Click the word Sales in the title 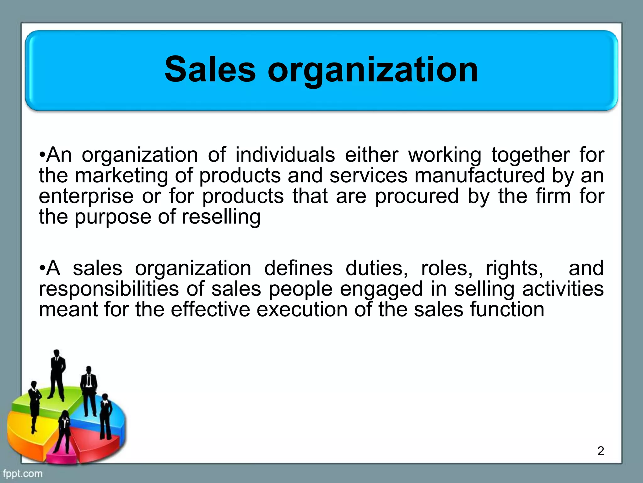point(210,69)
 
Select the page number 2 point(600,451)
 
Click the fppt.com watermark point(22,474)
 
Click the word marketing point(122,175)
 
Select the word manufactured point(479,175)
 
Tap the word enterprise point(86,196)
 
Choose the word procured point(417,196)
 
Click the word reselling point(221,217)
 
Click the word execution point(302,309)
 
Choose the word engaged point(381,289)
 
